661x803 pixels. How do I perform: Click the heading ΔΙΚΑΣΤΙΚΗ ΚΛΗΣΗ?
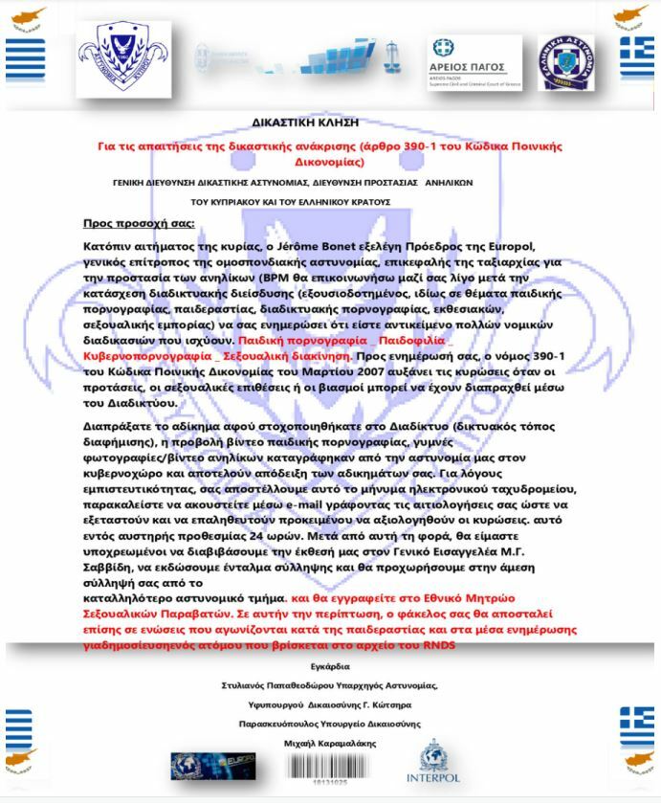[330, 123]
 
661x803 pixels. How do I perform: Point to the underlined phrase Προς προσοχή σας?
[137, 224]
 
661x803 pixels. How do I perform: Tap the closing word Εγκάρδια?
[330, 666]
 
